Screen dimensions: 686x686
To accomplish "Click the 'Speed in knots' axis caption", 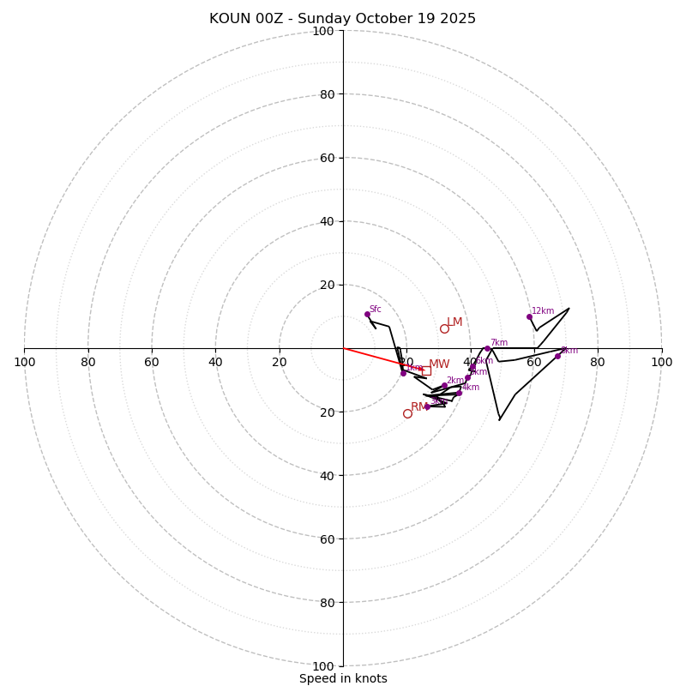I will pyautogui.click(x=343, y=678).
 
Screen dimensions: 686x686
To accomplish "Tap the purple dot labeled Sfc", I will pyautogui.click(x=367, y=314).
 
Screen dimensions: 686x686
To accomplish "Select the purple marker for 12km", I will pyautogui.click(x=529, y=316).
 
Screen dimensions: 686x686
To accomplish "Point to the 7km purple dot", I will pyautogui.click(x=487, y=348).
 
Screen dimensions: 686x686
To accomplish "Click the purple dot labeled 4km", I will pyautogui.click(x=459, y=393).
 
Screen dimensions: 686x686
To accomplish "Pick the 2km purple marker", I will pyautogui.click(x=444, y=386).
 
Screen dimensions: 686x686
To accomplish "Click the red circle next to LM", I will pyautogui.click(x=444, y=328).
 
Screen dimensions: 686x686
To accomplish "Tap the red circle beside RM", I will pyautogui.click(x=407, y=413).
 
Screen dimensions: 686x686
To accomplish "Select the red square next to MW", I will pyautogui.click(x=426, y=370).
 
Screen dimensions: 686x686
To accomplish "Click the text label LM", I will pyautogui.click(x=454, y=322).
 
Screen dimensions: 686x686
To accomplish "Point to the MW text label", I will pyautogui.click(x=439, y=364).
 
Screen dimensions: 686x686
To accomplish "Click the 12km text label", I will pyautogui.click(x=543, y=311).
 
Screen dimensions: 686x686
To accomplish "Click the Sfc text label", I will pyautogui.click(x=375, y=309).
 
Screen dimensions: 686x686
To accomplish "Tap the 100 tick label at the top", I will pyautogui.click(x=323, y=31).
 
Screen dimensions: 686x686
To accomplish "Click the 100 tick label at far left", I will pyautogui.click(x=24, y=362).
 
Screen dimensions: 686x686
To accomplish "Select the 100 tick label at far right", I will pyautogui.click(x=661, y=362).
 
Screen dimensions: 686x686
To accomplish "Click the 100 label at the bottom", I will pyautogui.click(x=323, y=665).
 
